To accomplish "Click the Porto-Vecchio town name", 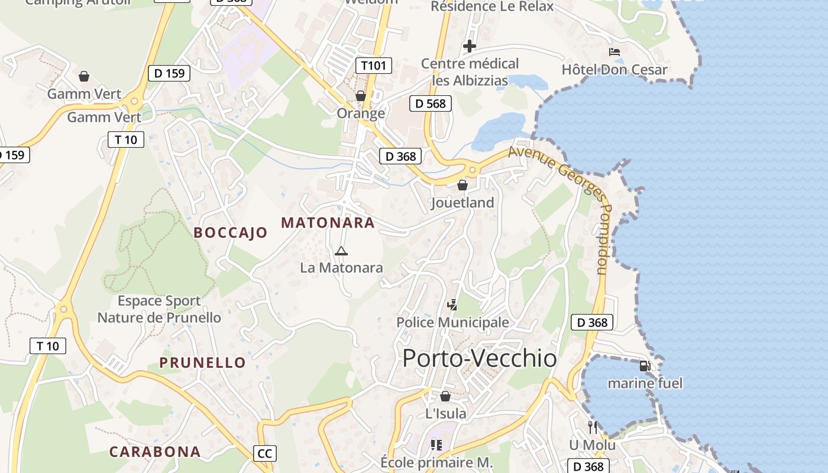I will (x=479, y=358).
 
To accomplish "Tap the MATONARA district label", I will (x=328, y=223).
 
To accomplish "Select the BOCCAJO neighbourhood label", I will (x=231, y=233).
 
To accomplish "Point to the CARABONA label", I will (x=155, y=452).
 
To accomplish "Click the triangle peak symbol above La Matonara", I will (x=341, y=251).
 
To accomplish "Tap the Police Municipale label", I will (x=452, y=322).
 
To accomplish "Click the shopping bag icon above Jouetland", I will (x=462, y=186).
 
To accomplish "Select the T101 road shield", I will (x=374, y=66).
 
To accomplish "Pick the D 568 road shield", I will (x=431, y=103).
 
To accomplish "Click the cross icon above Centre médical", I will (x=470, y=46).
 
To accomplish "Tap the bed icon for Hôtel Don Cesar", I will (x=614, y=53).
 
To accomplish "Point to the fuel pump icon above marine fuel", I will (x=645, y=366).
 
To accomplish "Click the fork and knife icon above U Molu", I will (x=593, y=427).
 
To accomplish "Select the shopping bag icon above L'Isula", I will (x=445, y=396).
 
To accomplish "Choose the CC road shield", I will (x=265, y=453).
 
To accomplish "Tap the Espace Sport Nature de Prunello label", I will (x=159, y=309).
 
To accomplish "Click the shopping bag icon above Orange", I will (x=361, y=96).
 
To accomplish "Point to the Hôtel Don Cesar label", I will (x=614, y=70).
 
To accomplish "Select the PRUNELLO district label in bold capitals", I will (x=203, y=362).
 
